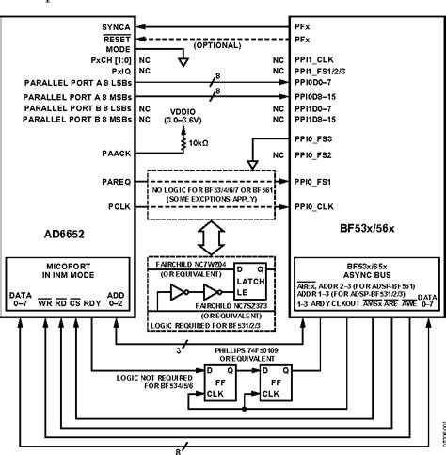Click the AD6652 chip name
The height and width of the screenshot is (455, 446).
pos(33,230)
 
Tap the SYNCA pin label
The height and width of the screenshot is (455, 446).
pos(116,27)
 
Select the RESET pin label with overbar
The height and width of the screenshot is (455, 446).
pos(117,41)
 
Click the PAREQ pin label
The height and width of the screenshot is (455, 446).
pos(114,179)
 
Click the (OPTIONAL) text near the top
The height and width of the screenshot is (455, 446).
pos(221,44)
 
